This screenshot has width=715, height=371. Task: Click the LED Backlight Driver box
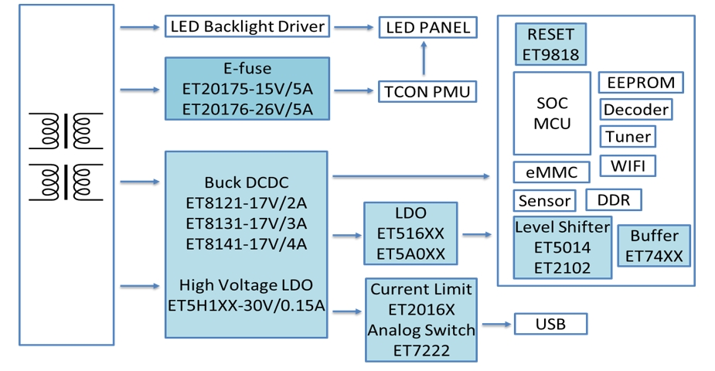[x=247, y=27]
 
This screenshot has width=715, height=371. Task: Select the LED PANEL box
[x=426, y=28]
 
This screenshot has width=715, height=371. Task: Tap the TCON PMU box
[x=426, y=93]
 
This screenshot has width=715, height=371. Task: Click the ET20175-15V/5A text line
[x=247, y=89]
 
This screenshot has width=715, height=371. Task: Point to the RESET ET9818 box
[x=550, y=45]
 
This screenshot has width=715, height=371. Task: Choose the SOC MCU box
[x=552, y=113]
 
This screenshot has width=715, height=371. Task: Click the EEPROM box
[x=640, y=83]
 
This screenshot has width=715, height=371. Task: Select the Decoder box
[x=635, y=110]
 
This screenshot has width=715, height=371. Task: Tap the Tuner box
[x=628, y=137]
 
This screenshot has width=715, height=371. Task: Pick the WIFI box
[x=632, y=165]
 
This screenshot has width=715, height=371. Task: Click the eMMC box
[x=552, y=172]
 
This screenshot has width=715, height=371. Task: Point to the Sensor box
[x=544, y=201]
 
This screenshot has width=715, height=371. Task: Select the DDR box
[x=614, y=200]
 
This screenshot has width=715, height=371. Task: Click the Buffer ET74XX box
[x=654, y=246]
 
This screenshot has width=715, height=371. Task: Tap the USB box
[x=550, y=324]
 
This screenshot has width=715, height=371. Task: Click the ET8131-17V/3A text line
[x=246, y=223]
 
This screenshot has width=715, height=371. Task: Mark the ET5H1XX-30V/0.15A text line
[x=247, y=305]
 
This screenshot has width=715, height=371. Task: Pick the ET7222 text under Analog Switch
[x=421, y=350]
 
